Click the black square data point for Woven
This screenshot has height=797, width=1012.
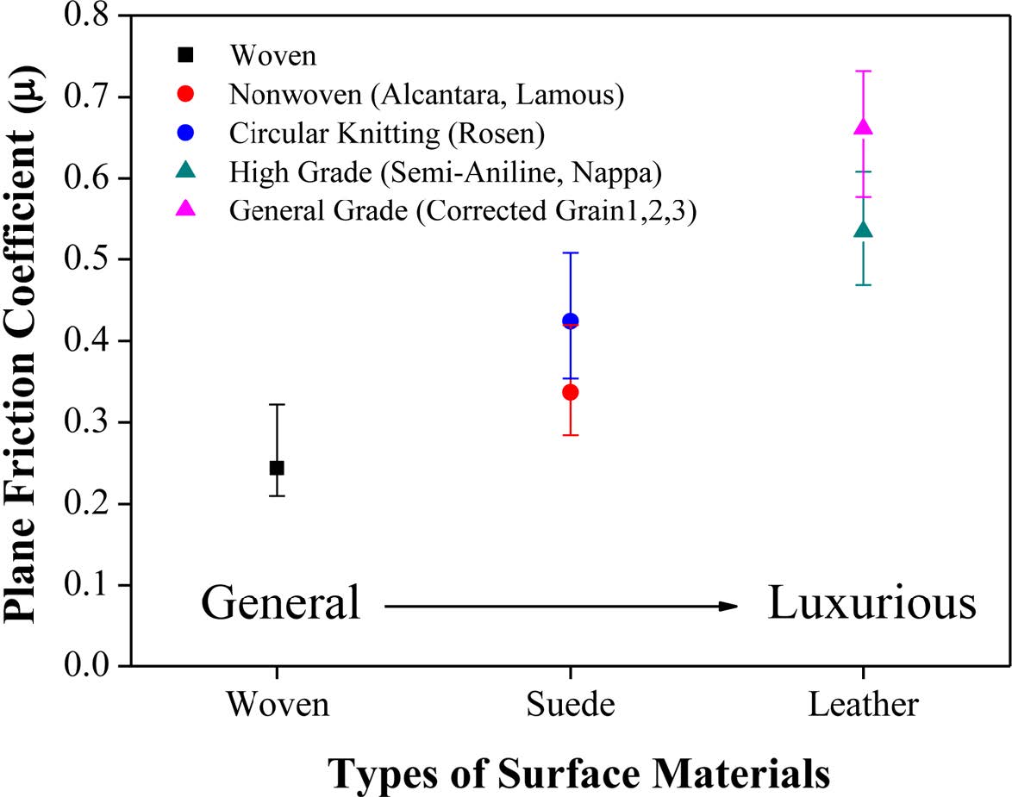click(x=277, y=468)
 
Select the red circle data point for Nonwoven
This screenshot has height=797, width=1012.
click(x=570, y=392)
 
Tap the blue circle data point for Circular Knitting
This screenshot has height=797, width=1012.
click(x=570, y=321)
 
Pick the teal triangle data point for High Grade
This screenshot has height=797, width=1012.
click(x=863, y=230)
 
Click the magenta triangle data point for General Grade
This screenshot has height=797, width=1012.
click(x=863, y=128)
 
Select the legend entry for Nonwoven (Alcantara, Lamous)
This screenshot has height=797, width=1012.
click(x=426, y=95)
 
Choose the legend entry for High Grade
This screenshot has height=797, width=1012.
click(x=445, y=172)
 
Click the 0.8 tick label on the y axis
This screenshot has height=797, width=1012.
click(x=95, y=16)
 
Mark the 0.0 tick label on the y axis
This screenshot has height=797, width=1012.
click(x=95, y=666)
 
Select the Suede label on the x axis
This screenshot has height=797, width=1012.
click(x=571, y=706)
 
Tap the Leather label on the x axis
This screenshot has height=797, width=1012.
click(x=864, y=706)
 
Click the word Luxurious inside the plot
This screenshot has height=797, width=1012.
click(x=871, y=605)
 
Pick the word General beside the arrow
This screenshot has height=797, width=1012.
click(x=280, y=605)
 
